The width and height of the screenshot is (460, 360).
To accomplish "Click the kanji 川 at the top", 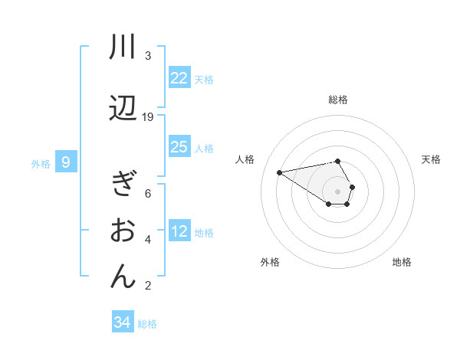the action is [123, 47].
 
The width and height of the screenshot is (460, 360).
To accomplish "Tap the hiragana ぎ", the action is [123, 186].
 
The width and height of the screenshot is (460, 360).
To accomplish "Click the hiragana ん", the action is [123, 277].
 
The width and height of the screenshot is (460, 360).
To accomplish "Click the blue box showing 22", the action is [179, 78].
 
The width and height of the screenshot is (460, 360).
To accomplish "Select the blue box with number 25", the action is [179, 147].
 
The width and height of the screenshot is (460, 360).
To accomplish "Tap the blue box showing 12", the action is [179, 231].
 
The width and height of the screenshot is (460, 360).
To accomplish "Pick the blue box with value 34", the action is [123, 322].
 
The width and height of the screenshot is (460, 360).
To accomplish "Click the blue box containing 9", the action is [67, 162].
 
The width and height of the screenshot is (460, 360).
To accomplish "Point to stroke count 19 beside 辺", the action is [148, 117].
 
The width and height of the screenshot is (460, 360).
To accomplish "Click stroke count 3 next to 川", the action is [148, 56].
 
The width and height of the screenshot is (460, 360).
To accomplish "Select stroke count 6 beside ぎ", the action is [148, 193].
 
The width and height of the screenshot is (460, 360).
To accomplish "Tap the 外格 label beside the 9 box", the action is [41, 163].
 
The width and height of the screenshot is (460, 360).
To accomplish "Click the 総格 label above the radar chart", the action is [338, 100].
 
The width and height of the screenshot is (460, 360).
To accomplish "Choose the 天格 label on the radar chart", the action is [432, 159].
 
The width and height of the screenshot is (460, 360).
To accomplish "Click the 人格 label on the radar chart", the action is [245, 159].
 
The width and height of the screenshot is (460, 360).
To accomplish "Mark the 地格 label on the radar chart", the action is [402, 262].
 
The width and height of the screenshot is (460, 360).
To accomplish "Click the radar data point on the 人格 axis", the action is [279, 172].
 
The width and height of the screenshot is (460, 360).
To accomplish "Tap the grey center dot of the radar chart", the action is [338, 191].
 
